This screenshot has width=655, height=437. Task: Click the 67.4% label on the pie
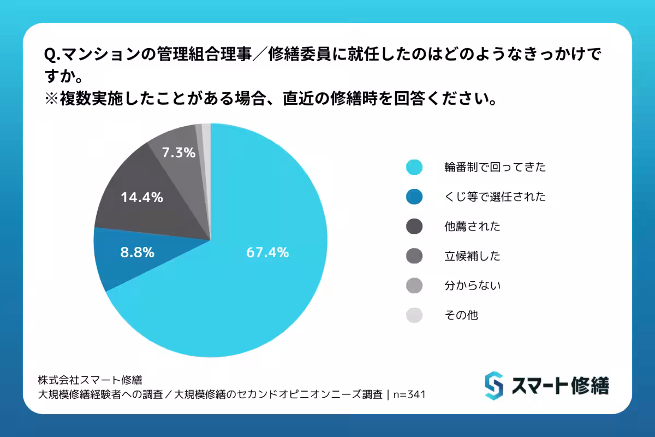pos(267,252)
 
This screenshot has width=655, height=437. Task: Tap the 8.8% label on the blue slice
pos(137,252)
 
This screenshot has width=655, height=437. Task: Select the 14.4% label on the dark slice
pos(142,198)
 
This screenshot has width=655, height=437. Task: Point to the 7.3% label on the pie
pos(178,153)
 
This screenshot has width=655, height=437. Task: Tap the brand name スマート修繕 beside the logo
pos(559,386)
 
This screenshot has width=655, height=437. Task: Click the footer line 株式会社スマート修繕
pos(90,379)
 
